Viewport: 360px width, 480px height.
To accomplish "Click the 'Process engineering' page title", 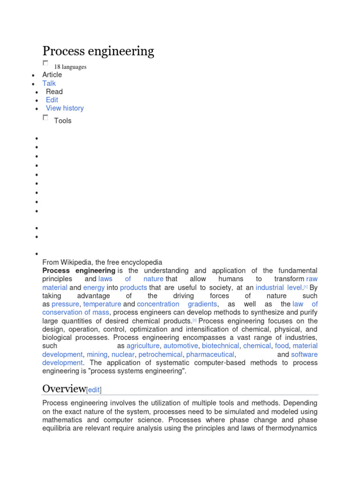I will coord(98,51).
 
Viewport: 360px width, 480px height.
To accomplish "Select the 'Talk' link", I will coord(49,83).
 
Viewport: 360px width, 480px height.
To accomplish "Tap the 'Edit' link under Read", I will coord(52,100).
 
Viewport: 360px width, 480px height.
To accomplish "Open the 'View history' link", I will coord(65,108).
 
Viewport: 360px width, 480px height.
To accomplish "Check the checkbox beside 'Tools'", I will coord(45,118).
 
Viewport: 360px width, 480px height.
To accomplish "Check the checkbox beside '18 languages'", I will coord(45,63).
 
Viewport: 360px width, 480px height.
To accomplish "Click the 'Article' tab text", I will coord(52,75).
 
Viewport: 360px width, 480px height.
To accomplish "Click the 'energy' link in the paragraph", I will coord(94,287).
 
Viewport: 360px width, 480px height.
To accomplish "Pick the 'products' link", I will coord(134,287).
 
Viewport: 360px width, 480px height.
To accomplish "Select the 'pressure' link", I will coord(65,304).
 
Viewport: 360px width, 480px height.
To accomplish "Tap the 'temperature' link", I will coord(102,304).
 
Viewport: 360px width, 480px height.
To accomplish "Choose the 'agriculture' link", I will coord(143,346).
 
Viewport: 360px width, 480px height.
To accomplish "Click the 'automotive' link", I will coord(180,346).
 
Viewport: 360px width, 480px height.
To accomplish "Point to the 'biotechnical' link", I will coord(220,346).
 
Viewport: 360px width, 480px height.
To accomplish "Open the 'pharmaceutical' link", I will coord(210,354).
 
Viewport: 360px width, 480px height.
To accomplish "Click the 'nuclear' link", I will coord(123,354).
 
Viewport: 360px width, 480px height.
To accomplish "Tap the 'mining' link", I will coord(97,354).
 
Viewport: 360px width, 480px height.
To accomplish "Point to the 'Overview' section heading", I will coord(64,389).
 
